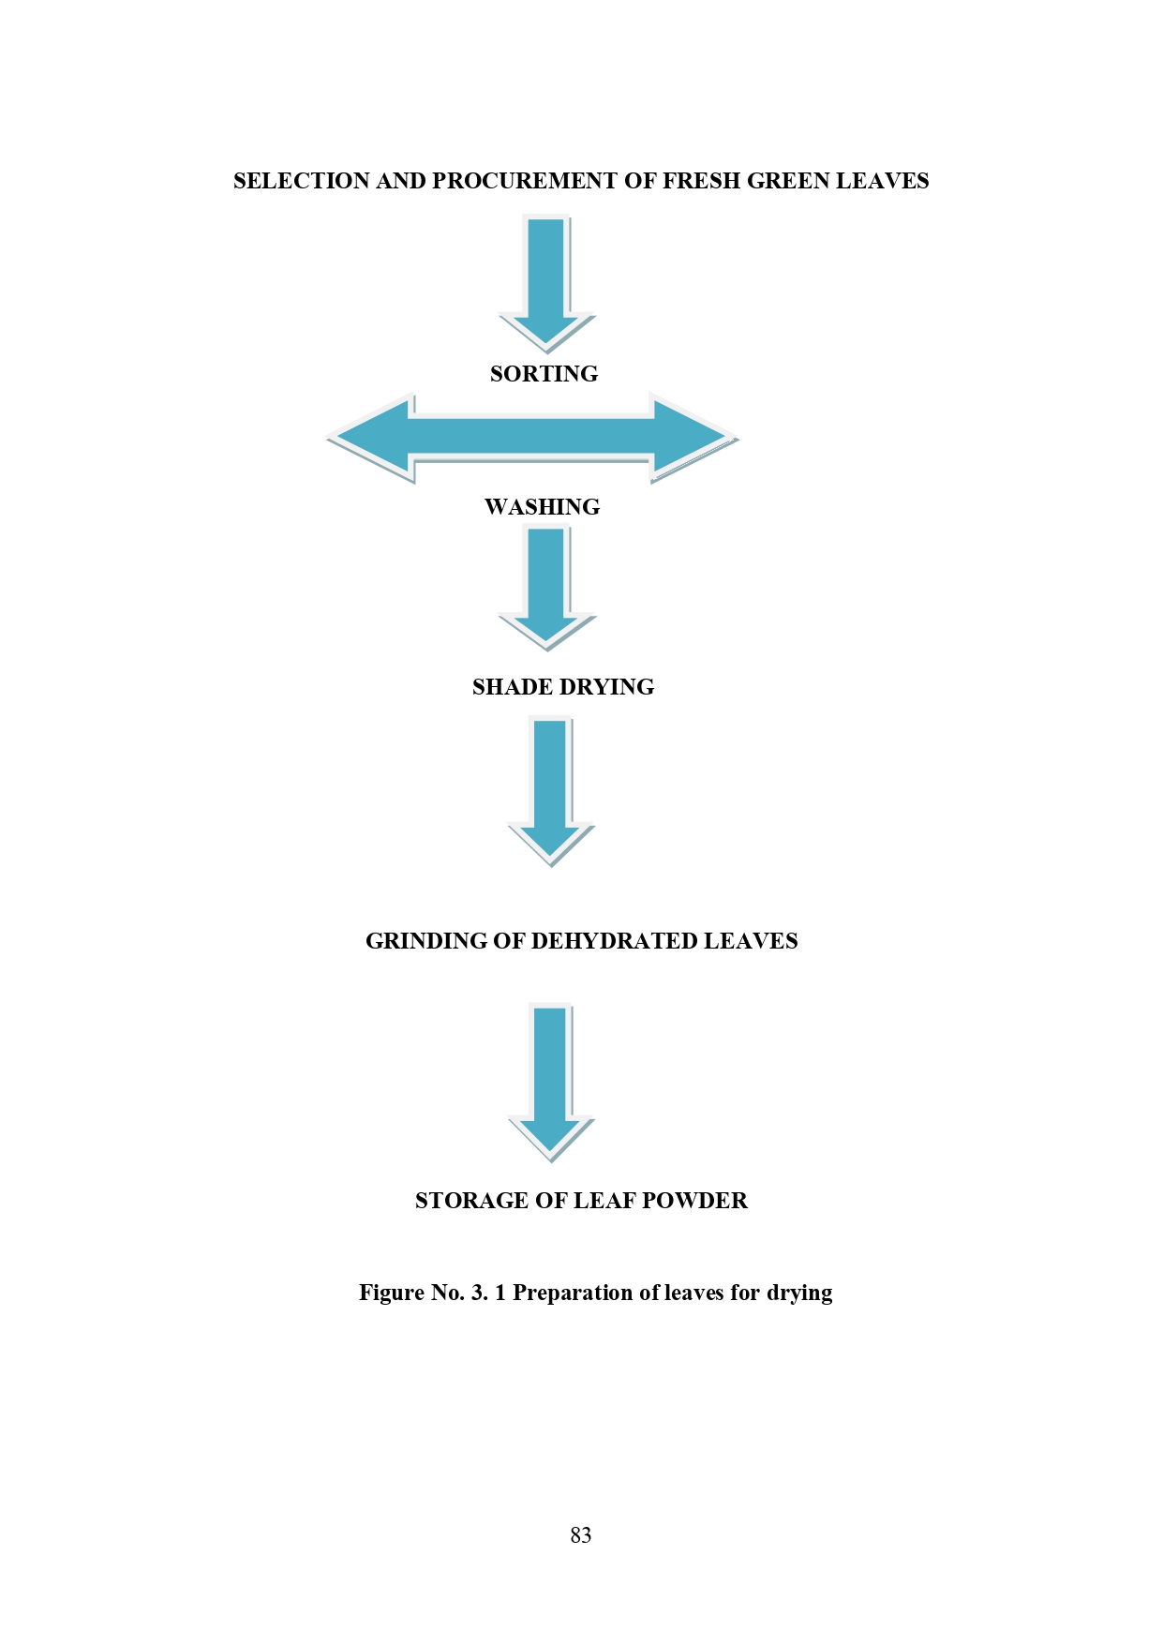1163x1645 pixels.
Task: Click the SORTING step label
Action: (x=544, y=374)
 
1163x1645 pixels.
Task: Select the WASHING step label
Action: (x=542, y=507)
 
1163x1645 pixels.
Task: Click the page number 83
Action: (x=581, y=1535)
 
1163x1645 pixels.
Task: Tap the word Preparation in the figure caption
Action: (x=573, y=1294)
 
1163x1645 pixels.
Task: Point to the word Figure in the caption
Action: (x=392, y=1294)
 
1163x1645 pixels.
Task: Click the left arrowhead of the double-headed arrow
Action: (x=370, y=438)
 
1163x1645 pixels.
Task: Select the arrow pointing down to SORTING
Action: (x=547, y=283)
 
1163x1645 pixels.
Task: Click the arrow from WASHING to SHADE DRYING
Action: (x=547, y=588)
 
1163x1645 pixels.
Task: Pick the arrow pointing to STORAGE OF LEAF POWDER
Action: (x=551, y=1083)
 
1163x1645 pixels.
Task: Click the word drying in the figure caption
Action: (x=799, y=1294)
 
